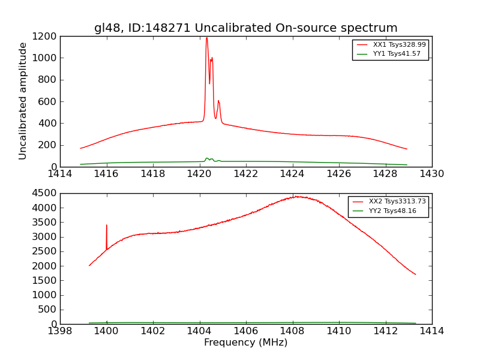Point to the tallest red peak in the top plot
(x=206, y=38)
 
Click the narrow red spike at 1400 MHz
(x=107, y=226)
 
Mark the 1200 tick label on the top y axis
(x=47, y=36)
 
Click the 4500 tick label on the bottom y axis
(x=47, y=193)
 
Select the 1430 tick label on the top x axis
(x=431, y=174)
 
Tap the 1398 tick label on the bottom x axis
(x=60, y=331)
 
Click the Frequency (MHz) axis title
(x=245, y=343)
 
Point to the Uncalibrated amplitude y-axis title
(x=23, y=101)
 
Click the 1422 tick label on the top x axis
(x=245, y=174)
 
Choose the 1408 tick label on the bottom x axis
(x=292, y=331)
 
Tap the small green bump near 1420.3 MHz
(x=207, y=158)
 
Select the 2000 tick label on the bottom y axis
(x=47, y=266)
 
